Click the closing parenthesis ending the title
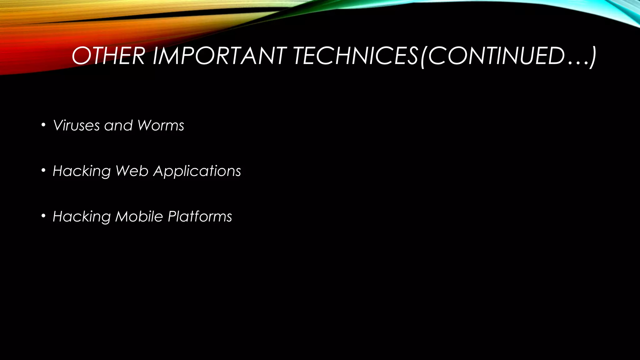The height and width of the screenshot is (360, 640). coord(592,57)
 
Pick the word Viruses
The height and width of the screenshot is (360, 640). coord(77,126)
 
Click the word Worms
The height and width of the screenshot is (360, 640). coord(161,126)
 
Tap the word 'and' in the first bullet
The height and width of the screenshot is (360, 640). coord(118,126)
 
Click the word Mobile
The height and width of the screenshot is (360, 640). coord(139,216)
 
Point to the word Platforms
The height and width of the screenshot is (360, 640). coord(200,216)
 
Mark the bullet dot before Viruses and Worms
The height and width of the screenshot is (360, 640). coord(43,125)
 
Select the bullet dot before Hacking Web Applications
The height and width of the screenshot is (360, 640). coord(43,171)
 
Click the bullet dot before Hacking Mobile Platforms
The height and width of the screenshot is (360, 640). coord(43,216)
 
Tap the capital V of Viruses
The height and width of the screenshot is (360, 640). coord(58,125)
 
